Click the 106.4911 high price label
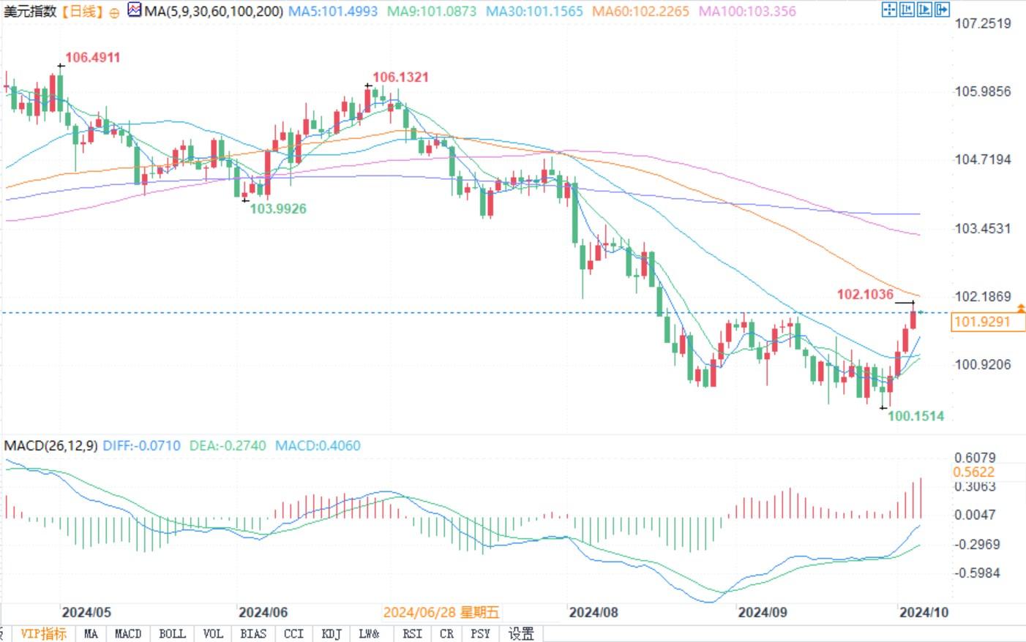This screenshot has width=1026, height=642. [x=92, y=57]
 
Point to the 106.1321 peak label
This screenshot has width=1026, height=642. [x=400, y=77]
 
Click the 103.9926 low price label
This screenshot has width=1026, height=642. [x=278, y=208]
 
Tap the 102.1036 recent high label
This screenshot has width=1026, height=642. [x=865, y=294]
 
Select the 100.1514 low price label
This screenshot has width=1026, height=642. [x=915, y=416]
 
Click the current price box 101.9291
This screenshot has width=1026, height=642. [x=982, y=322]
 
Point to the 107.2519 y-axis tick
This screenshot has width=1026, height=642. [x=982, y=23]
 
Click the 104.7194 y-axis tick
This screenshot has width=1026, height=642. [x=982, y=159]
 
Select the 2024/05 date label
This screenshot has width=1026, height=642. [x=86, y=612]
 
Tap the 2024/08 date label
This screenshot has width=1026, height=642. [x=593, y=612]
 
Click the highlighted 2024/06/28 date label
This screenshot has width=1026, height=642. [x=441, y=612]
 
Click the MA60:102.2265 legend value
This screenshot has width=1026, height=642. [x=640, y=11]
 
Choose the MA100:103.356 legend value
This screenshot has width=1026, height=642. [x=747, y=11]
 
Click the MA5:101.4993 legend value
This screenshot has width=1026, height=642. [x=333, y=11]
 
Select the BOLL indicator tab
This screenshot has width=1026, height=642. [x=172, y=633]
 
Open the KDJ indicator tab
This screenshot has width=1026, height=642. [x=332, y=633]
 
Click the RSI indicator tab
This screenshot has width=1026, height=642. [x=412, y=633]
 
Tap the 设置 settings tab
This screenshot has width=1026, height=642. [x=521, y=633]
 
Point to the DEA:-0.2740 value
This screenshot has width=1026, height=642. [x=228, y=445]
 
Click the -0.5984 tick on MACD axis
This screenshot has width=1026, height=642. [x=976, y=573]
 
